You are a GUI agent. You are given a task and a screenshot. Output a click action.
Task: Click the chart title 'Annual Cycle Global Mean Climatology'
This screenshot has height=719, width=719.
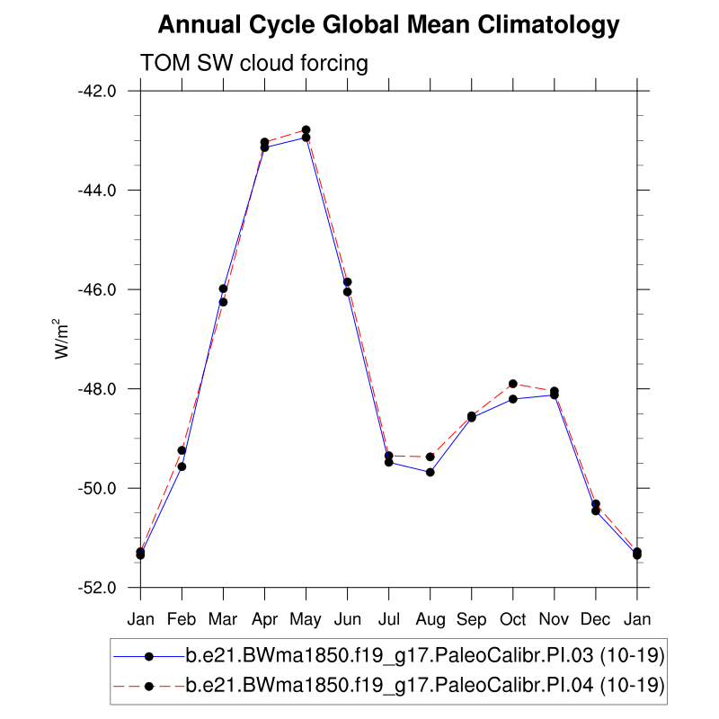(388, 25)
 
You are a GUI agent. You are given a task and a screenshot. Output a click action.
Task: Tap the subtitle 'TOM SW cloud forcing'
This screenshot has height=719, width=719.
(254, 64)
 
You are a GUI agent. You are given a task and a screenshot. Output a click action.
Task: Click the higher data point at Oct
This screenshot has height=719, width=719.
(513, 384)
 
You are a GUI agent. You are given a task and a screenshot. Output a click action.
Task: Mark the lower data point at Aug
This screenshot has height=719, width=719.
(431, 472)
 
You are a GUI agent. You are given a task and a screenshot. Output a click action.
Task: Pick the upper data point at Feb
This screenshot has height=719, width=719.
(182, 450)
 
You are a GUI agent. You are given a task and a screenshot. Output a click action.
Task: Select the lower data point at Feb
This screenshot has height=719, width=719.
(182, 466)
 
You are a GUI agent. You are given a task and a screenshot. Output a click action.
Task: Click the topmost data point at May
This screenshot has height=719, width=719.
(306, 130)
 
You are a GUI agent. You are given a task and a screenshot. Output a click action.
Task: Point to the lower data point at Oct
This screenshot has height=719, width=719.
(513, 399)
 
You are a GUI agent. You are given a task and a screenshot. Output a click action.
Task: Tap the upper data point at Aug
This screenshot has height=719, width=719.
(431, 457)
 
